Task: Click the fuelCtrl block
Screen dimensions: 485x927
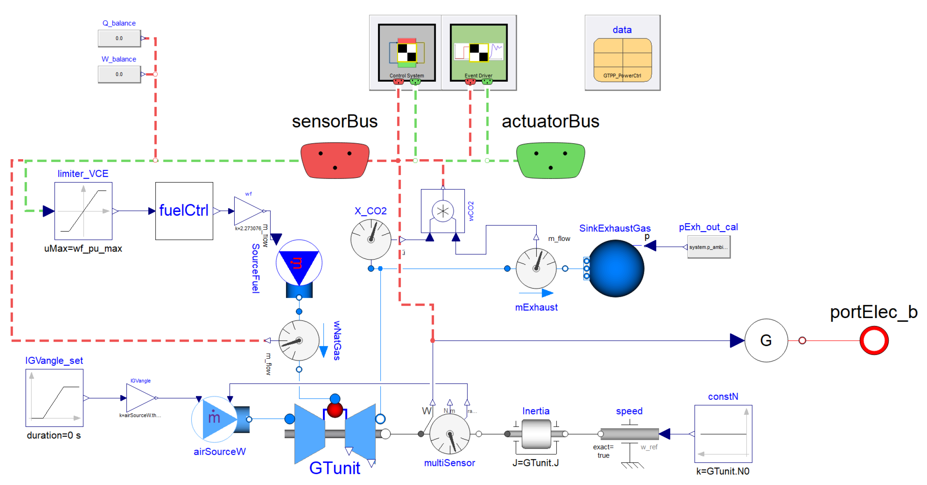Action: [184, 211]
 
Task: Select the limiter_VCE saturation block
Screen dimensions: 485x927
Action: [83, 211]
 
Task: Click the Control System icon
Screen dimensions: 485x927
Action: [407, 53]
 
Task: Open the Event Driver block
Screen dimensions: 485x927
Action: [479, 53]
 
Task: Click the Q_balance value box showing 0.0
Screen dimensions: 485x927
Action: [119, 38]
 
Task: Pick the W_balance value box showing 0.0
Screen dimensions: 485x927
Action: [119, 74]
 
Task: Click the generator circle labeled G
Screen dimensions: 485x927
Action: [766, 341]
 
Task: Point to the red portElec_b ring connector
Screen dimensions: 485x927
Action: [874, 341]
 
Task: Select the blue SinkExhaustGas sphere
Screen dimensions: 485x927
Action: [616, 268]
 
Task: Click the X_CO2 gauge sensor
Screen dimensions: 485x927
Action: [371, 239]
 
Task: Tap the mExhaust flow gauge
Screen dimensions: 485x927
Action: [536, 268]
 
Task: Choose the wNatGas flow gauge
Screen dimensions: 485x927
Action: [299, 341]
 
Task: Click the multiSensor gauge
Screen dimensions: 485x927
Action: [450, 434]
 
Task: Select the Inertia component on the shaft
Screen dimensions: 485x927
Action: [536, 434]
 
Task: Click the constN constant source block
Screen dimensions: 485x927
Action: [723, 434]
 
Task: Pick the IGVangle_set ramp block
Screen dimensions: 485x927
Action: [55, 398]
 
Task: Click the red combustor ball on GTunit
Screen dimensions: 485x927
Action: [335, 410]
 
